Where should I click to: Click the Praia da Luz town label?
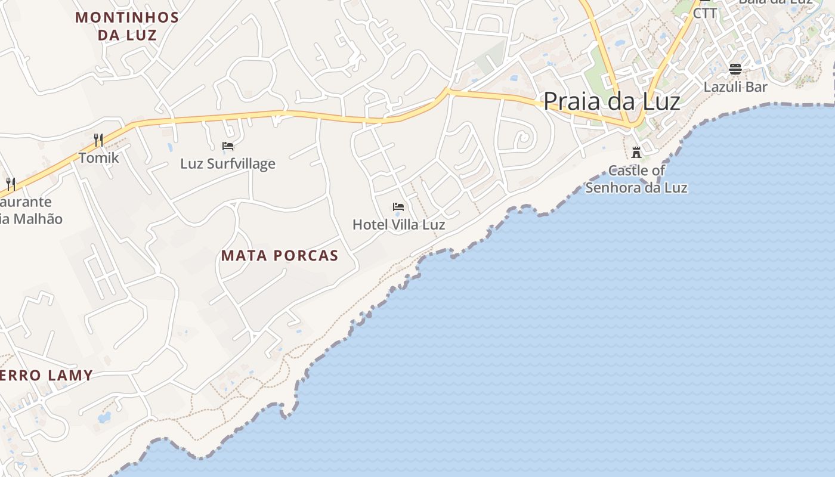coord(611,101)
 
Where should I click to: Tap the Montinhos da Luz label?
coord(127,26)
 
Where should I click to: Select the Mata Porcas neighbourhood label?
coord(280,256)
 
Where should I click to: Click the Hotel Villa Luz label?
coord(398,225)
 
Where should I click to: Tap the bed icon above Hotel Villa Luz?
coord(398,207)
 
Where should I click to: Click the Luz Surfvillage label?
coord(228,163)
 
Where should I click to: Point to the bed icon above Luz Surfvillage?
coord(228,145)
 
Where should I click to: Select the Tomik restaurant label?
coord(99,158)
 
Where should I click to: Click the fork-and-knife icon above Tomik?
coord(98,140)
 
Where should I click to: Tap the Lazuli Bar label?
coord(735,87)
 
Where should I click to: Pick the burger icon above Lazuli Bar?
coord(735,69)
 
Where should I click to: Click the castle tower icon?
coord(636,151)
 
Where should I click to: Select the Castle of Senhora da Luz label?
coord(636,179)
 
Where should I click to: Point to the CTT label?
coord(705,13)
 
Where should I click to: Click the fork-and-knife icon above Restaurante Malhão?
coord(10,183)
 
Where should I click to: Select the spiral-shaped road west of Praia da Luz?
coord(523,138)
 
